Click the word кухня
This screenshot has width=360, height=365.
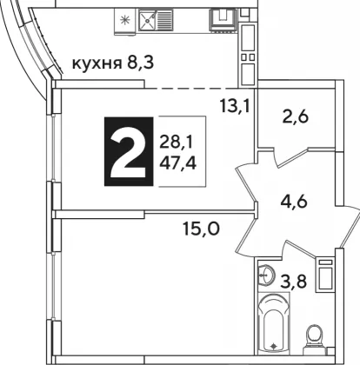[x=97, y=63]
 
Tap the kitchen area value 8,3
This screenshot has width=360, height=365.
[x=140, y=63]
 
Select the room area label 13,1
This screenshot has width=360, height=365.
[x=235, y=106]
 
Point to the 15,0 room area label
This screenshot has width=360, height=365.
[x=202, y=229]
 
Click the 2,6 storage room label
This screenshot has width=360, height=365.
[x=296, y=117]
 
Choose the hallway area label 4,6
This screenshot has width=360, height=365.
[x=294, y=202]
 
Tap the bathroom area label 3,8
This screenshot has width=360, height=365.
[x=293, y=282]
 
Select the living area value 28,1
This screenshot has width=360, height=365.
[x=176, y=143]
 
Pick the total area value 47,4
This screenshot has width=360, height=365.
[x=177, y=163]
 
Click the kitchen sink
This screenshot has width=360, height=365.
[x=156, y=19]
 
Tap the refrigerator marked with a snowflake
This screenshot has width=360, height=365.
[x=125, y=20]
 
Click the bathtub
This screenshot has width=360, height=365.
[x=273, y=323]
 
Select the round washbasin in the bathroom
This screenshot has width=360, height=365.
[x=266, y=275]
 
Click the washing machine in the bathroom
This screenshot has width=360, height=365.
[x=325, y=275]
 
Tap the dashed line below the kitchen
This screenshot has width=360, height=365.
[x=191, y=88]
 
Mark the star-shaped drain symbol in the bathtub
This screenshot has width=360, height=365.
[x=273, y=346]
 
